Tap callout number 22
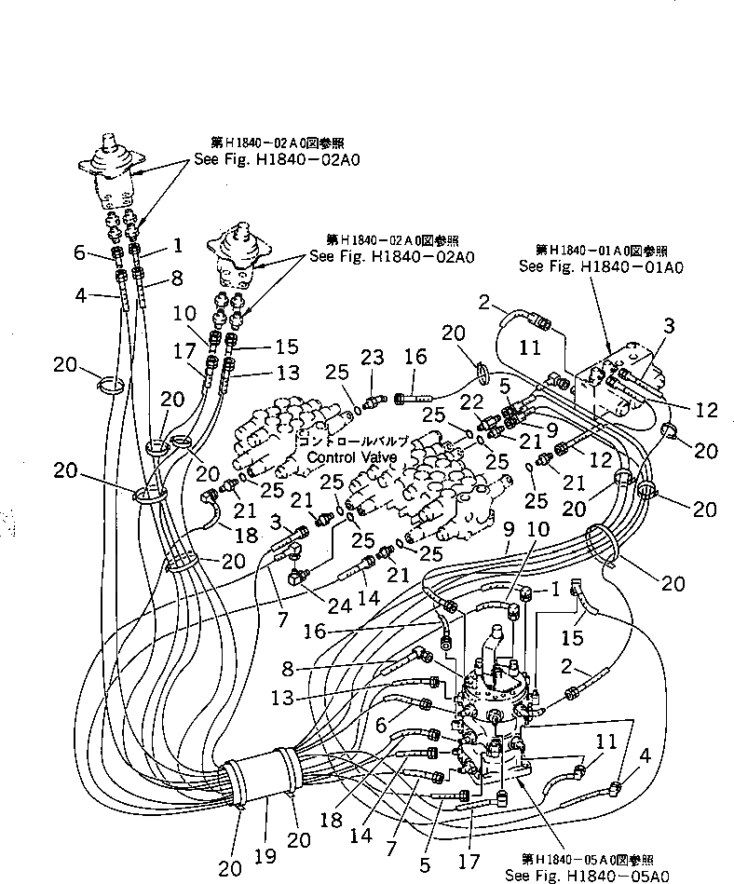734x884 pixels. tap(471, 401)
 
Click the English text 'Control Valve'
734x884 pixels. tap(351, 457)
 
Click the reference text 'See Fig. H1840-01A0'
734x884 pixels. tap(601, 265)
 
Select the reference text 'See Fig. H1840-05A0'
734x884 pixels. tap(584, 875)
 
